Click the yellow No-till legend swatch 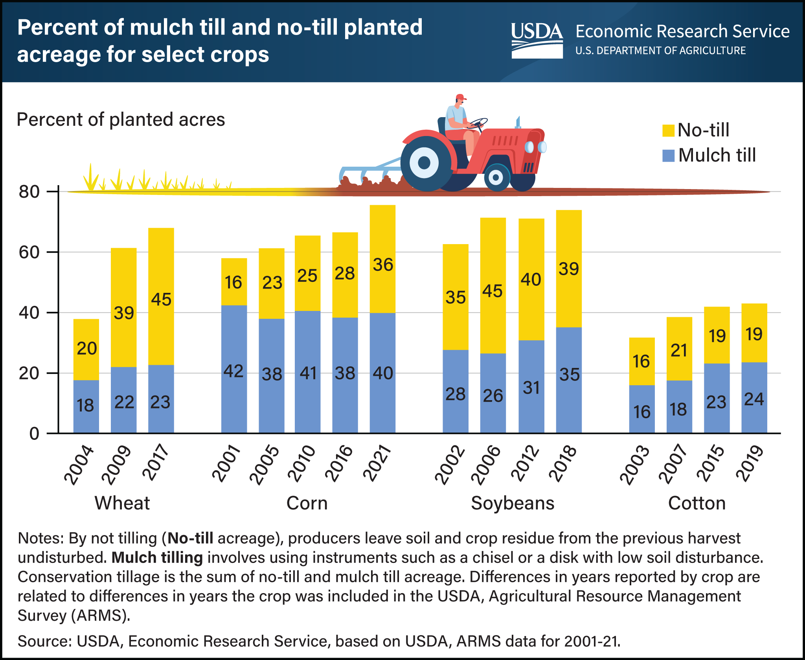(668, 131)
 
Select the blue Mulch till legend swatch (668, 156)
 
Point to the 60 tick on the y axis (29, 252)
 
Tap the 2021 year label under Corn (377, 464)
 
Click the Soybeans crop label (513, 503)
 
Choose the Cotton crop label (697, 503)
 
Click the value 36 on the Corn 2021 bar (383, 265)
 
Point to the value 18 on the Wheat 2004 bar (85, 406)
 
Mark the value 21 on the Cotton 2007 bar (679, 350)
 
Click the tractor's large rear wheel (425, 163)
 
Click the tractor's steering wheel (478, 123)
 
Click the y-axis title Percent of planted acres (121, 119)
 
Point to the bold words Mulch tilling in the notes (157, 557)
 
